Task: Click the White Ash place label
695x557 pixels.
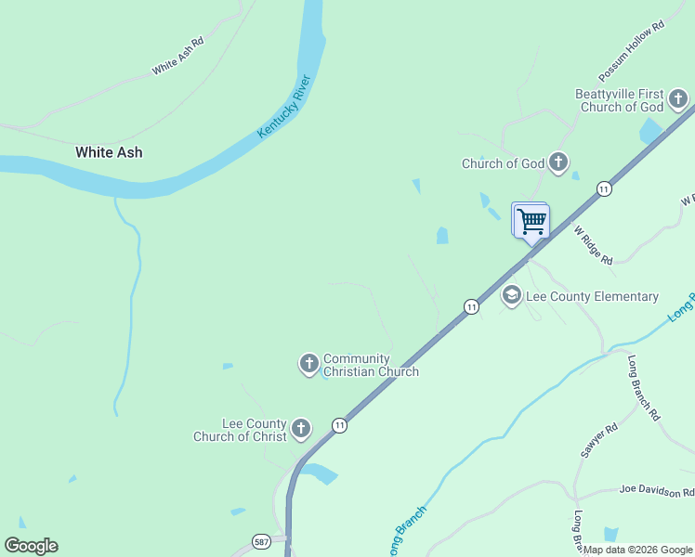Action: pos(109,152)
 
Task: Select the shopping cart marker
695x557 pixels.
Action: pos(531,222)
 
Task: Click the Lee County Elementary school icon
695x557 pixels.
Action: pos(511,296)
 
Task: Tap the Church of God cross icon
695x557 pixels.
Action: pos(558,163)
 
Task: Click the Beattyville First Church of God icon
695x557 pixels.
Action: pos(679,97)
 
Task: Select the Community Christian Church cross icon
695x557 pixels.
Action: pos(309,364)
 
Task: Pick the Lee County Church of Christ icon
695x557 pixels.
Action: pos(301,429)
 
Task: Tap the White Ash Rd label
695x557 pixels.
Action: pos(177,57)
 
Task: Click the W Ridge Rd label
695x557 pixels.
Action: pos(593,245)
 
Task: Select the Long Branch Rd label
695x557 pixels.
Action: pos(643,388)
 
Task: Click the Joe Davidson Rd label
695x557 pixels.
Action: pos(656,491)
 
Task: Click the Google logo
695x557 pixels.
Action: pos(31,546)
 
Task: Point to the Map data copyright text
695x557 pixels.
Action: pos(637,550)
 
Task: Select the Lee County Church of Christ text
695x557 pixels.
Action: pos(241,430)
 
